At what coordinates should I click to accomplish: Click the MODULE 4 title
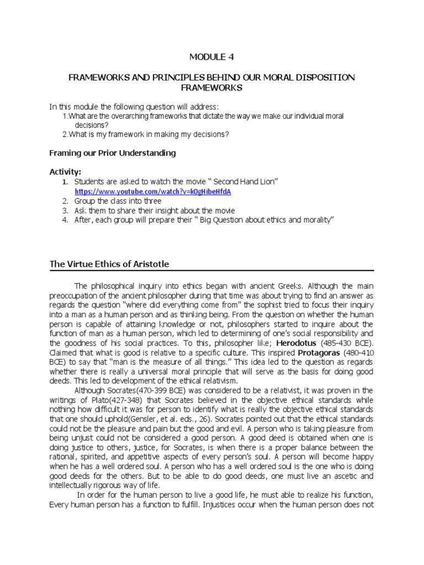point(212,56)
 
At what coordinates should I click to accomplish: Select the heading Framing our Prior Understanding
point(113,153)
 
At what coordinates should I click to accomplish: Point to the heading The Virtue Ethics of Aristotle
point(109,264)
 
